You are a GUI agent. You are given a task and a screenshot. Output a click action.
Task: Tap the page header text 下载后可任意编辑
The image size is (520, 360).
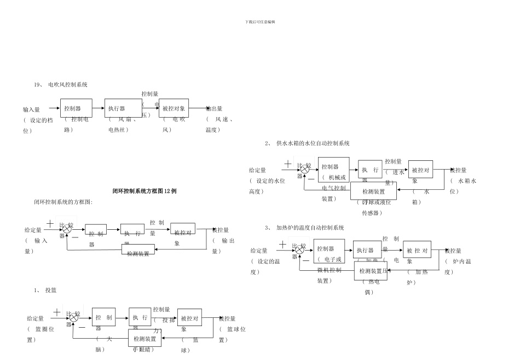[260, 22]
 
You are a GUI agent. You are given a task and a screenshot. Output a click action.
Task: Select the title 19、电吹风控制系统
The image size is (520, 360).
[60, 85]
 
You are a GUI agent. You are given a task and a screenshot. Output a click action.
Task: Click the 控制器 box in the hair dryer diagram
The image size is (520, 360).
[76, 108]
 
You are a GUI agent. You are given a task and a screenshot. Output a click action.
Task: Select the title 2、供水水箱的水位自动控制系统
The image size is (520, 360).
[307, 143]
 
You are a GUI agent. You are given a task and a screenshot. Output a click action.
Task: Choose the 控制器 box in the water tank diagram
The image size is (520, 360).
[333, 170]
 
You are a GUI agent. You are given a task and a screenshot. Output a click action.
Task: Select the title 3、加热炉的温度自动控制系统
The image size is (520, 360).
[304, 228]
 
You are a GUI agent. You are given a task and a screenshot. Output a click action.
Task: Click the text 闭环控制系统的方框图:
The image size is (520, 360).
[63, 202]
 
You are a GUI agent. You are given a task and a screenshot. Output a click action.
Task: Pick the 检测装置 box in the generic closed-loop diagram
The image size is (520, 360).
[138, 253]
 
